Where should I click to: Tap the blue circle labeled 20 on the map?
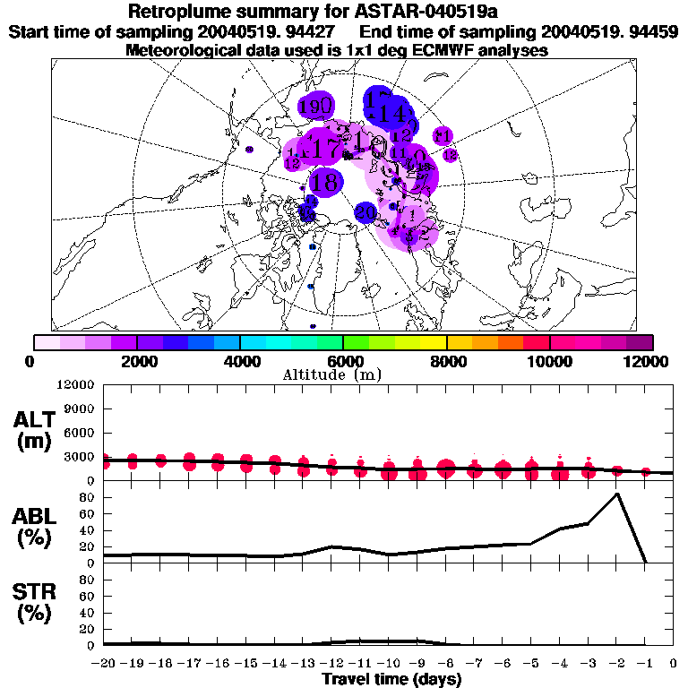[365, 212]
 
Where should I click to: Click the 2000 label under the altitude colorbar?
[136, 361]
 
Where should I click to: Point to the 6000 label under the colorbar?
[343, 361]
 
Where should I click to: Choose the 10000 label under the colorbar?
[549, 361]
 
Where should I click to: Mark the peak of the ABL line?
[616, 494]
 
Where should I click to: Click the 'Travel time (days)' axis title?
[391, 680]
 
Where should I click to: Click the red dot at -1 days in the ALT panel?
[645, 471]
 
